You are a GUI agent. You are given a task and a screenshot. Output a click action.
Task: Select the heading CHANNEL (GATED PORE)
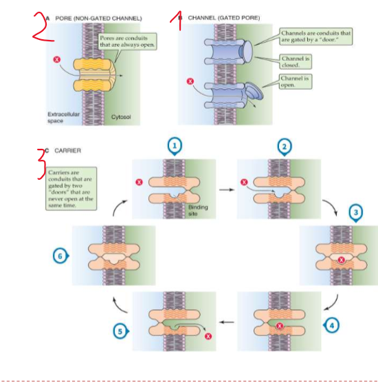click(x=223, y=17)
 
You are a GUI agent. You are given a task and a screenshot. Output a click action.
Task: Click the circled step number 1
click(x=175, y=145)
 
